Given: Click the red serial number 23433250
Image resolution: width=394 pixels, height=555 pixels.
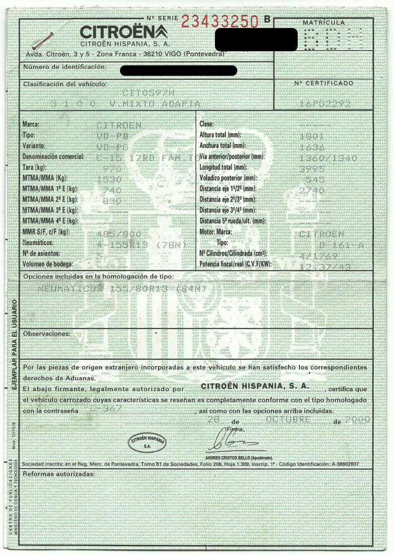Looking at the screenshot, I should (x=220, y=21).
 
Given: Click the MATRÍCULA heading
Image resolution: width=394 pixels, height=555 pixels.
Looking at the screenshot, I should (x=324, y=22).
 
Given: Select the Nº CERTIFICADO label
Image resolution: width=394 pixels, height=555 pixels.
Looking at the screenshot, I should (x=324, y=83).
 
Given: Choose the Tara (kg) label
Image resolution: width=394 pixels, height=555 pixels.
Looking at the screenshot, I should (x=34, y=167).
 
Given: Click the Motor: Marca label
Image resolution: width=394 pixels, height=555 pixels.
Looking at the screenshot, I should (x=218, y=232).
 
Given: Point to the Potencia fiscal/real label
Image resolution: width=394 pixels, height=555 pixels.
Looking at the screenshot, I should (x=235, y=264).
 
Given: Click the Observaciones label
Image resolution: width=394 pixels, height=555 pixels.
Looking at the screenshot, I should (x=46, y=334).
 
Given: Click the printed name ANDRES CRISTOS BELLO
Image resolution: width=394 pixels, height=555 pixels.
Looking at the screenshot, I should (x=234, y=457).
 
